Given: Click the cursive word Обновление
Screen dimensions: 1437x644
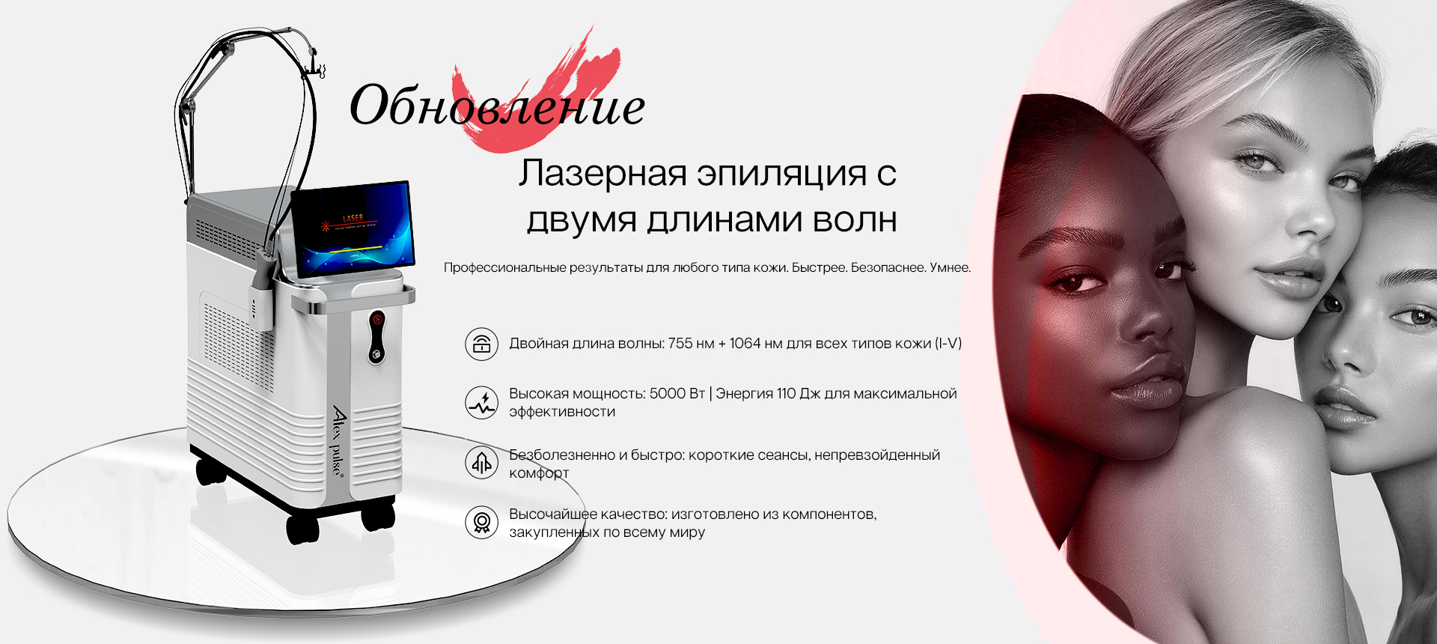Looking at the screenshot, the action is (498, 106).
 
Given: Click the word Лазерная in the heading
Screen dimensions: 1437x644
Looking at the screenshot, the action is (602, 173).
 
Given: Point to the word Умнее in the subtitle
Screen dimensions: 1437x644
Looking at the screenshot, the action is (950, 267).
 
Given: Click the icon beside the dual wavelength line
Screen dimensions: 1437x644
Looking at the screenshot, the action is (481, 344).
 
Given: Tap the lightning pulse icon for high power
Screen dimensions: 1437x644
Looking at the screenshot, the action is (481, 403).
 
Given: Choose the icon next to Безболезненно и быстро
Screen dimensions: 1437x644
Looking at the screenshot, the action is (481, 464).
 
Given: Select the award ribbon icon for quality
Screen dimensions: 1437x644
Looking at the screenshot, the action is (481, 522).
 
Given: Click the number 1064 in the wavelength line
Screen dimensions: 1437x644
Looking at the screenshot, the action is (745, 344).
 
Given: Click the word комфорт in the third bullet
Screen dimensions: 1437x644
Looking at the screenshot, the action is (539, 473).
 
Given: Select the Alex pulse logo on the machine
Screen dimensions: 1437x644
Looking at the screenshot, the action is (338, 442).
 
